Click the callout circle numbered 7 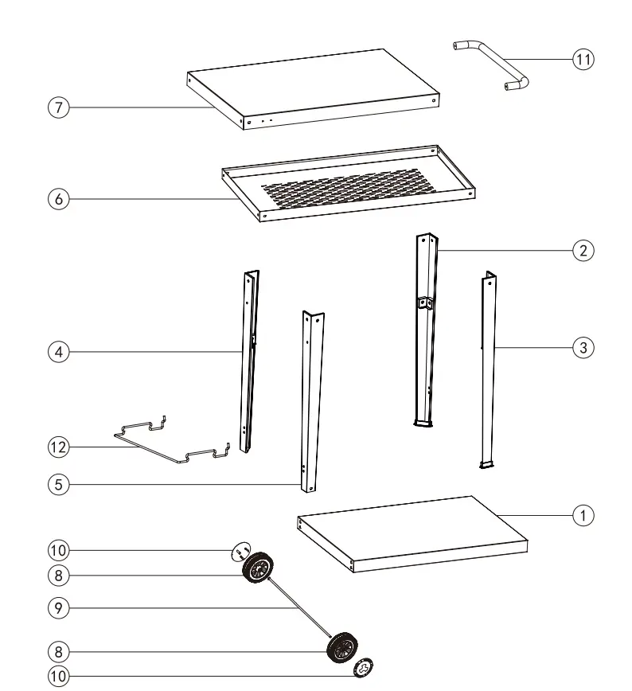click(57, 107)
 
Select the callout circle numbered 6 click(57, 200)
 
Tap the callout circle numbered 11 click(583, 59)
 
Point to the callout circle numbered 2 click(583, 251)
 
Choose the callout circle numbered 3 click(583, 347)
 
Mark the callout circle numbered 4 click(57, 351)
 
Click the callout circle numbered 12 click(57, 447)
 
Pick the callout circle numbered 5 click(57, 482)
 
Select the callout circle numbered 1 click(583, 515)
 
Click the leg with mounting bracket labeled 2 click(425, 334)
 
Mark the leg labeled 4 click(249, 358)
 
